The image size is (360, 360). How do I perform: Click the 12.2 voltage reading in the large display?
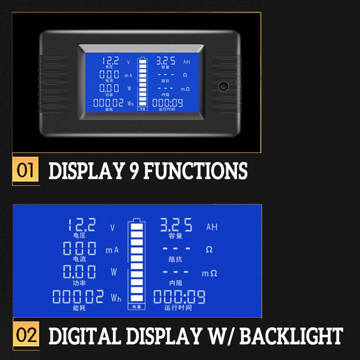pos(82,225)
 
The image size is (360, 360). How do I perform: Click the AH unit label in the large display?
pos(212,227)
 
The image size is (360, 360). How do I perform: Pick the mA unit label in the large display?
pos(112,250)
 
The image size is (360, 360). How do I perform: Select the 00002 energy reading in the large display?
pos(78,297)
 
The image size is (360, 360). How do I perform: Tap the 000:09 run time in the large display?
pos(179,297)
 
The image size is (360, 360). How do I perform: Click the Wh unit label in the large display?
pos(116,298)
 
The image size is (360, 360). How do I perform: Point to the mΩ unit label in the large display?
pos(210,273)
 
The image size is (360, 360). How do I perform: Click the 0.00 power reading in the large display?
pos(79,272)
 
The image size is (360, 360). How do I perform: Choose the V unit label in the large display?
pos(113,228)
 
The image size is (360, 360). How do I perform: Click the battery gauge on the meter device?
pos(142,84)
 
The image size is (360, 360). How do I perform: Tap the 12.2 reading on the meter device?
pos(111,60)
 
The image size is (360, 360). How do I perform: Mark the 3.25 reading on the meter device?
pos(165,60)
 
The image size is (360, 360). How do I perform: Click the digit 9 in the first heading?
pos(132,171)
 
